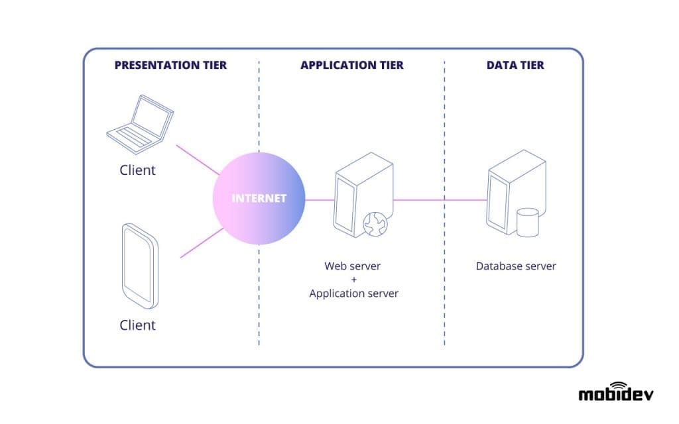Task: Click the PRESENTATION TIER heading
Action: pyautogui.click(x=170, y=65)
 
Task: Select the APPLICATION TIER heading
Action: pyautogui.click(x=351, y=65)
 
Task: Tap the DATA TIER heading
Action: pyautogui.click(x=515, y=65)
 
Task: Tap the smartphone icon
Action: pyautogui.click(x=141, y=266)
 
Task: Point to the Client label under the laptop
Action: pyautogui.click(x=138, y=170)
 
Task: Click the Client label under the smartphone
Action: pyautogui.click(x=138, y=325)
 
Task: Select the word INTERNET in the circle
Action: pyautogui.click(x=259, y=198)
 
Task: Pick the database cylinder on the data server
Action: pyautogui.click(x=527, y=223)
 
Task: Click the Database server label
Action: pyautogui.click(x=515, y=266)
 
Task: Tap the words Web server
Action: pyautogui.click(x=353, y=266)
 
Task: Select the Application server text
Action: pyautogui.click(x=353, y=293)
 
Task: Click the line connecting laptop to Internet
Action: pyautogui.click(x=198, y=160)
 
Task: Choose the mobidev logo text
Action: pyautogui.click(x=615, y=395)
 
